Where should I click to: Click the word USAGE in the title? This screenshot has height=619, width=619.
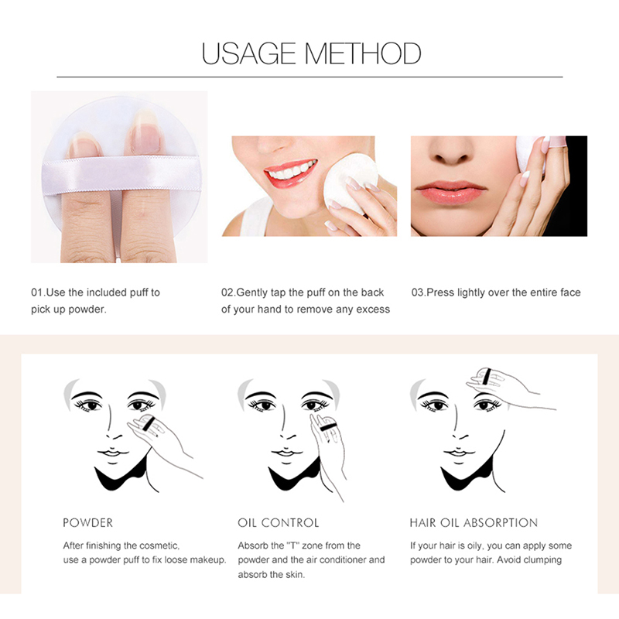(248, 53)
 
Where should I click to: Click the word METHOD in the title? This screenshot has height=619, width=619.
(363, 53)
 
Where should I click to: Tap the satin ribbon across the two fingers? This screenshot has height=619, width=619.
(121, 174)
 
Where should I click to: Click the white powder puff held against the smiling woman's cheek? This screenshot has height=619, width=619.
(349, 183)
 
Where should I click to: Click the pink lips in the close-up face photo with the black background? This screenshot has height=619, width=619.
(450, 193)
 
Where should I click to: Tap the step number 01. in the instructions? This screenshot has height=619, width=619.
(38, 292)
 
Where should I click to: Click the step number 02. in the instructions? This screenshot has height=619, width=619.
(228, 292)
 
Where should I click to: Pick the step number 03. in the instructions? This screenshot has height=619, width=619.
(419, 292)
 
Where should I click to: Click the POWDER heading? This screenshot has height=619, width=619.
(88, 523)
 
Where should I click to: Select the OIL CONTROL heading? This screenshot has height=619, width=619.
(279, 523)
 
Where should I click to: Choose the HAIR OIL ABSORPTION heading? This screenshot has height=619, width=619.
(474, 523)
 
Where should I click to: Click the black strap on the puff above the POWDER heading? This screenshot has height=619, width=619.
(149, 423)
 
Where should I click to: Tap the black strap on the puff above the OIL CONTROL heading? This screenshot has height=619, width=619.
(327, 426)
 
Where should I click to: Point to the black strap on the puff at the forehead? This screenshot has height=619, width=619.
(487, 376)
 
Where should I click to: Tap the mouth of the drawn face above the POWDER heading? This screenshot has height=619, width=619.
(113, 453)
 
